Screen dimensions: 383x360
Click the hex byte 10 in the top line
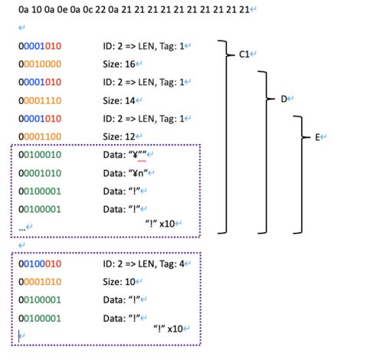tap(36, 10)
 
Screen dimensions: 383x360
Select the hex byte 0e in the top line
tap(62, 10)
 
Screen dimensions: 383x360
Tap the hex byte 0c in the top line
tap(87, 10)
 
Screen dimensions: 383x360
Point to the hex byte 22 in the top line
tap(100, 10)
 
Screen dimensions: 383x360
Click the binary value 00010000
tap(40, 64)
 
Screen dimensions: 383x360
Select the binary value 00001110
tap(40, 100)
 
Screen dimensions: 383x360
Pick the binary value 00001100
tap(40, 137)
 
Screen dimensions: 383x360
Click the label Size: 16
tap(119, 64)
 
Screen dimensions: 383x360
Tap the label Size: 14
tap(119, 100)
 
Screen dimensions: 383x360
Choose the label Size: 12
tap(119, 137)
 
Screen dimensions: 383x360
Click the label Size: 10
tap(119, 282)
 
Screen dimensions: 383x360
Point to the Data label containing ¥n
tap(126, 173)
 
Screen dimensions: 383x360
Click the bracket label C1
tap(244, 54)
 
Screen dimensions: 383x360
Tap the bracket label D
tap(284, 99)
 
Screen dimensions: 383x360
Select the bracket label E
tap(317, 137)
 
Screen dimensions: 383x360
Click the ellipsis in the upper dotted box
tap(22, 228)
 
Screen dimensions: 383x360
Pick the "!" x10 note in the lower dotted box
tap(168, 329)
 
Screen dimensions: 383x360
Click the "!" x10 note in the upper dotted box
tap(160, 224)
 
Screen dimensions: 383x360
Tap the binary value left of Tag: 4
tap(40, 263)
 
